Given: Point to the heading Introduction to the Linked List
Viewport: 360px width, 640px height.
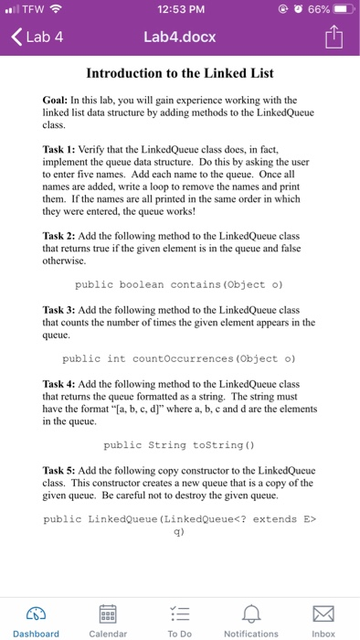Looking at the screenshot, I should coord(179,73).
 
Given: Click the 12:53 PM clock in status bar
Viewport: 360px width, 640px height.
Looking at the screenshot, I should coord(179,9).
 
